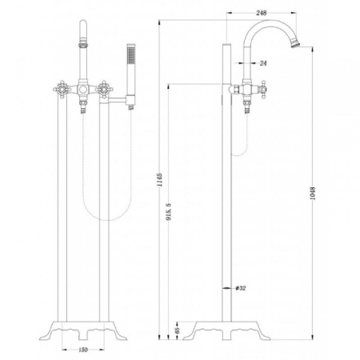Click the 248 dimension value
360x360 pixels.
click(261, 13)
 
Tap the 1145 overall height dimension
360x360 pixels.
click(159, 180)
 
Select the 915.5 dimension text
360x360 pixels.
click(169, 212)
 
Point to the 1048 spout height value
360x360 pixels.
click(313, 194)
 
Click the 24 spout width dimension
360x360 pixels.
click(263, 63)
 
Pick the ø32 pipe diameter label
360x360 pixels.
click(241, 288)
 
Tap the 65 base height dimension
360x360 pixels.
click(178, 330)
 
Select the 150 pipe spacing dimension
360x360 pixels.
click(83, 350)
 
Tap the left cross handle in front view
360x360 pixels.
click(62, 89)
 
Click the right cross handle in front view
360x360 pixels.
click(104, 89)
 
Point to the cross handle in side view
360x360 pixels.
click(263, 90)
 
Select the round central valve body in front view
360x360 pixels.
click(83, 90)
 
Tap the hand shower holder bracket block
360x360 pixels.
click(130, 100)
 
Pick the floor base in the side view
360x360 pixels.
click(227, 330)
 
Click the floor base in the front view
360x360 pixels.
click(83, 330)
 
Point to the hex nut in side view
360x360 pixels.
click(235, 90)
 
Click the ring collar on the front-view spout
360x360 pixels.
click(83, 43)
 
